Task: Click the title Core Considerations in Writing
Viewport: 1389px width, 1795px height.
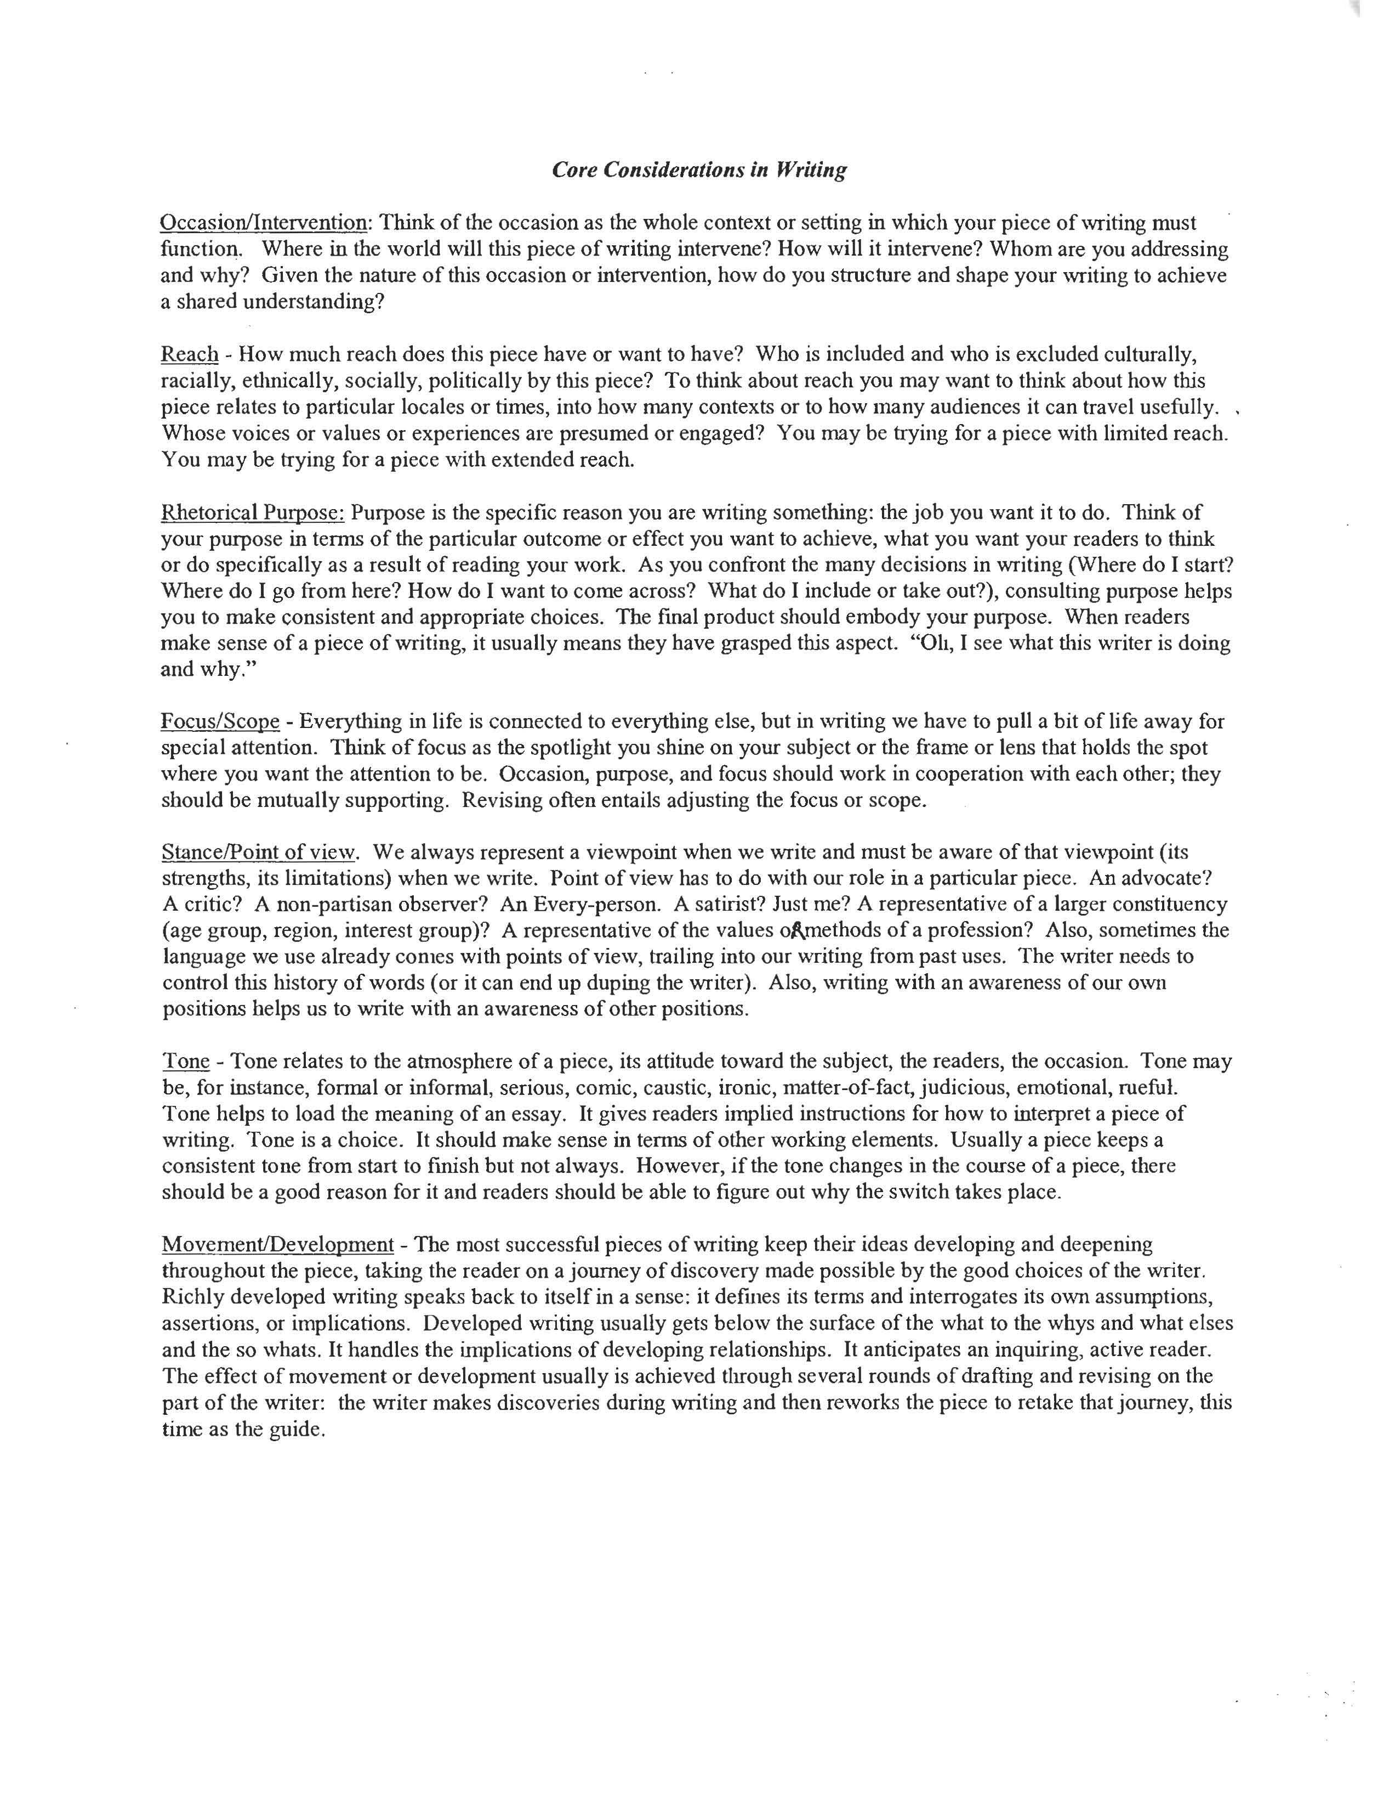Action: pyautogui.click(x=698, y=170)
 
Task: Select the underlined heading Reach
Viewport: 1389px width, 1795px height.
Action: pyautogui.click(x=190, y=354)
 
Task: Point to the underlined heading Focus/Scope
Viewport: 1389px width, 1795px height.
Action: pyautogui.click(x=220, y=721)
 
